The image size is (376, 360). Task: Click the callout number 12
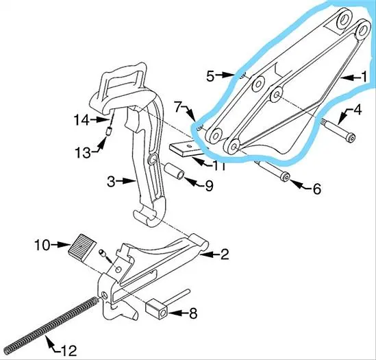coord(67,350)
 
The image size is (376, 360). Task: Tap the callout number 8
coord(193,313)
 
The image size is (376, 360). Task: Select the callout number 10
coord(42,245)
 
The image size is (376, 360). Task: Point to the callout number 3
coord(111,181)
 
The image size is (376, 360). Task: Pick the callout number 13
coord(83,152)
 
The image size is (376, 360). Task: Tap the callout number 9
coord(209,186)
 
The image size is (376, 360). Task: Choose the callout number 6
coord(317,189)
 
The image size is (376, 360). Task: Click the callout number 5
coord(210,76)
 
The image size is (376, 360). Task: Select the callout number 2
coord(224,254)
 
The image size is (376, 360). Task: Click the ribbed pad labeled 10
coord(82,248)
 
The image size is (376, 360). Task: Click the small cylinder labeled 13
coord(110,132)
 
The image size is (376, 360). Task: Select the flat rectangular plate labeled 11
coord(187,149)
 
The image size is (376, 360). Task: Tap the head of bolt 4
coord(351,139)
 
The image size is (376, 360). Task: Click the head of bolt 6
coord(286,177)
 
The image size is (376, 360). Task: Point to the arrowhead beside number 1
coord(344,77)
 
